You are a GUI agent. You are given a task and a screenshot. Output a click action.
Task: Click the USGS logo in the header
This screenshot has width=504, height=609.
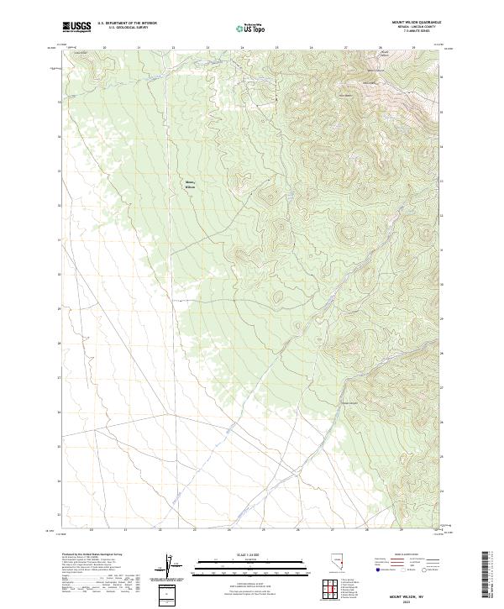[x=77, y=27]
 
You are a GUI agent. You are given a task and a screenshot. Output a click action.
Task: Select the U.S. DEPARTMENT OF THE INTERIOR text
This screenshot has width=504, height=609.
[x=127, y=24]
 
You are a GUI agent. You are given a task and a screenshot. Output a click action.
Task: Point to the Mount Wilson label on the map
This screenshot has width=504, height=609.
[x=190, y=185]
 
